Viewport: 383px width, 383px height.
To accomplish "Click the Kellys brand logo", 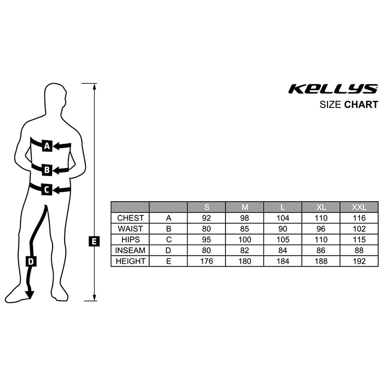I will pyautogui.click(x=333, y=89).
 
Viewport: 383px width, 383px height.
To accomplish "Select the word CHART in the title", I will pyautogui.click(x=361, y=105).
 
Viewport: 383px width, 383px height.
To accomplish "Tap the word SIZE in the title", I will pyautogui.click(x=331, y=105).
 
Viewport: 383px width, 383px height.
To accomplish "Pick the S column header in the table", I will pyautogui.click(x=206, y=207).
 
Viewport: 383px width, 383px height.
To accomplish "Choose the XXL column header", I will pyautogui.click(x=359, y=207).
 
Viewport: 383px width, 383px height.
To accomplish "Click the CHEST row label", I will pyautogui.click(x=130, y=218).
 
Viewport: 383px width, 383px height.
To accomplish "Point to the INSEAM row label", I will pyautogui.click(x=130, y=250).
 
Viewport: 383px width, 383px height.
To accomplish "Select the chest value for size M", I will pyautogui.click(x=245, y=218).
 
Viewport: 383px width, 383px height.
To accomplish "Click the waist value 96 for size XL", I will pyautogui.click(x=320, y=229).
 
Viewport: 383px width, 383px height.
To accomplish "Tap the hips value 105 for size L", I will pyautogui.click(x=282, y=239).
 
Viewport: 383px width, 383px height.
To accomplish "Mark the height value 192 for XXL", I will pyautogui.click(x=359, y=261).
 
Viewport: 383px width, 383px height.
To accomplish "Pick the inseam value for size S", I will pyautogui.click(x=206, y=250).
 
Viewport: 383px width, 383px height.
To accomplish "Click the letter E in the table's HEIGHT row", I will pyautogui.click(x=168, y=261).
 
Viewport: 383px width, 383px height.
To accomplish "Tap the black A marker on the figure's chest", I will pyautogui.click(x=47, y=146).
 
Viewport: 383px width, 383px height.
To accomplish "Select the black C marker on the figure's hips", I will pyautogui.click(x=46, y=190).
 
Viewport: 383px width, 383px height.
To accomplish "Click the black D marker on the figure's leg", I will pyautogui.click(x=31, y=261).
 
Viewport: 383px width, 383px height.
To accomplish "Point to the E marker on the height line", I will pyautogui.click(x=94, y=241).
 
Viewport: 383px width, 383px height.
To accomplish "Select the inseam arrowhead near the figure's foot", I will pyautogui.click(x=30, y=295).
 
